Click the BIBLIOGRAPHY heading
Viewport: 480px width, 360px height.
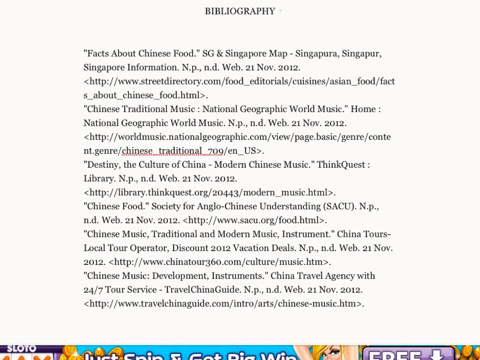[x=240, y=11]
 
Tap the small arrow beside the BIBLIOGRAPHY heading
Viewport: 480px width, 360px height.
[x=280, y=10]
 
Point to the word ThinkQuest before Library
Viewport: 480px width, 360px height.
[x=341, y=165]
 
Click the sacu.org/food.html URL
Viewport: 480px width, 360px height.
[x=255, y=220]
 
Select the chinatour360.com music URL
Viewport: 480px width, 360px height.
[x=220, y=262]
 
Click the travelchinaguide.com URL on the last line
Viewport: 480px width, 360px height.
[x=224, y=303]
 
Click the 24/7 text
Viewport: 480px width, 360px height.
[x=93, y=289]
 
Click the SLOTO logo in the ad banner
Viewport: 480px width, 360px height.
[x=21, y=349]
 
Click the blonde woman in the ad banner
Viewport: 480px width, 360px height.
[x=328, y=352]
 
